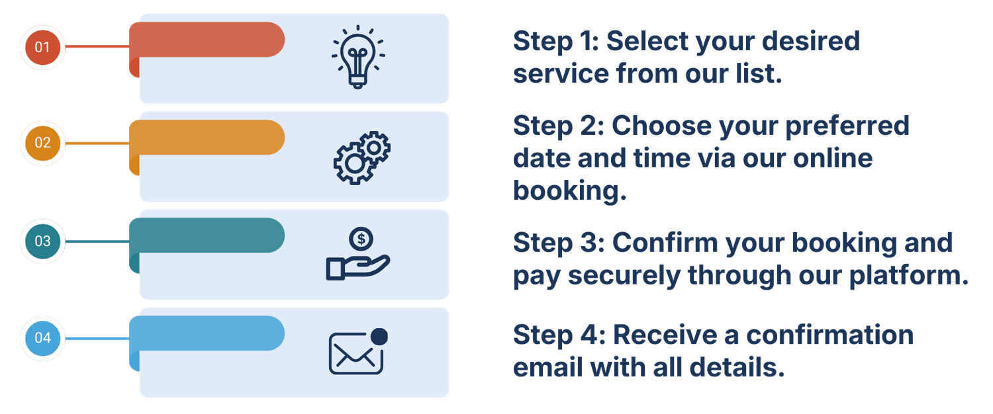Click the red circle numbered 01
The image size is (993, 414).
coord(42,47)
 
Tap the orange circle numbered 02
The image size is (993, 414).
coord(42,143)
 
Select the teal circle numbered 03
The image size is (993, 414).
coord(42,241)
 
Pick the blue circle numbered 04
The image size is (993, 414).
coord(42,338)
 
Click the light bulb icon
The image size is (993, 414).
coord(358,57)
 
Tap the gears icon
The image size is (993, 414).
coord(361,157)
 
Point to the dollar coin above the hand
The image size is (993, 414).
coord(361,239)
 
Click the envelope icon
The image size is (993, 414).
coord(356,353)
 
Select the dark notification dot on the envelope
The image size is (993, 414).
coord(379,337)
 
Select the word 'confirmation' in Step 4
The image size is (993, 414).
coord(830,335)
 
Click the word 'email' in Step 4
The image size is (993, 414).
coord(548,368)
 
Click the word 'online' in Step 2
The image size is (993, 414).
coord(833,158)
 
